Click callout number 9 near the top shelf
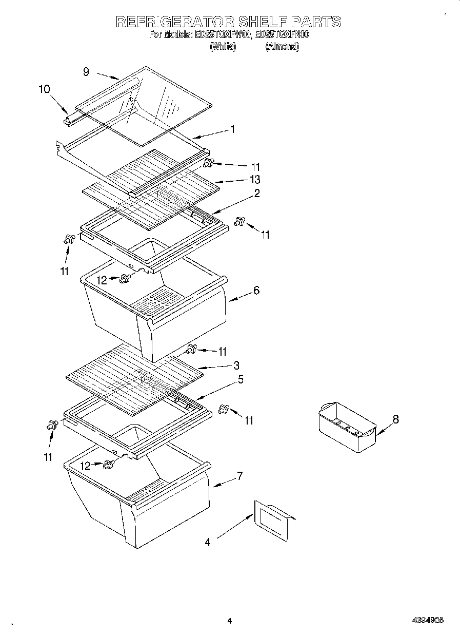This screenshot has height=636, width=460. [86, 72]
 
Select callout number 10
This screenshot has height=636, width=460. [44, 89]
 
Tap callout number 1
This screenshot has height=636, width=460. [232, 129]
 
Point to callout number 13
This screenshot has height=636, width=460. [254, 179]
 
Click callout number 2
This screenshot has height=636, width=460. [256, 194]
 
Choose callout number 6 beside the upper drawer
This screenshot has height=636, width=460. [256, 291]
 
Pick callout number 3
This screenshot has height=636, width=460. [236, 365]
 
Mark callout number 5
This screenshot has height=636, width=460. [241, 380]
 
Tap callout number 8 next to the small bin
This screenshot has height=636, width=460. [395, 419]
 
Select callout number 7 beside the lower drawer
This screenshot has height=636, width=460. [239, 475]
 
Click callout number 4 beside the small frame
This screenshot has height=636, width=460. [208, 542]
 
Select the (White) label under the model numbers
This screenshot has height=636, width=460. [223, 46]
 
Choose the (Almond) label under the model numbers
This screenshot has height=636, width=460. [282, 46]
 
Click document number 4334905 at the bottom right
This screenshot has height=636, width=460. [428, 621]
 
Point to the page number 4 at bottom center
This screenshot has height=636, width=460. [229, 621]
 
